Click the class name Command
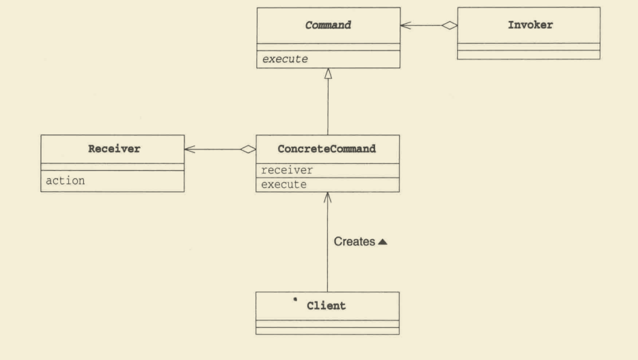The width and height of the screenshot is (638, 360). point(328,25)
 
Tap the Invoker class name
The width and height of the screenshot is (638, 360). point(530,25)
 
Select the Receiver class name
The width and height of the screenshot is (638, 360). point(114,149)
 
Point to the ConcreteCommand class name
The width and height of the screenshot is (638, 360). point(327,149)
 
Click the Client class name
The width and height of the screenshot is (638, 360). point(327,306)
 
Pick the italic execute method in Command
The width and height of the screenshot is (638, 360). point(285,59)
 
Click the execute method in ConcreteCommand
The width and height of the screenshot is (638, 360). point(283,184)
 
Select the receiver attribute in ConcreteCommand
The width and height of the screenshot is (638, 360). point(287,170)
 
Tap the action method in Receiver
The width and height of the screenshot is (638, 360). point(65,180)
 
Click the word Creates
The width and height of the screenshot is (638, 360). point(355,242)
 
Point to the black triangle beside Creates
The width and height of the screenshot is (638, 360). point(383,242)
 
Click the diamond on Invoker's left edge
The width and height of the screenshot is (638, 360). point(449,25)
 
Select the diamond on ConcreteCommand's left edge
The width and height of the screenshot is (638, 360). point(248,150)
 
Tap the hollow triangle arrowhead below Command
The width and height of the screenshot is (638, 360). point(328,74)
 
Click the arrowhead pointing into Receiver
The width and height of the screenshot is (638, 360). point(190,150)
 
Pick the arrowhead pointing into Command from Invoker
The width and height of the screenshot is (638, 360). point(406,25)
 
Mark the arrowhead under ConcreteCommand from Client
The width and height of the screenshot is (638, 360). point(328,197)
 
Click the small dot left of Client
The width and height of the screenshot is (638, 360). point(295,299)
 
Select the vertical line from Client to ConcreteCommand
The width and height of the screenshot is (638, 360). point(328,242)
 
